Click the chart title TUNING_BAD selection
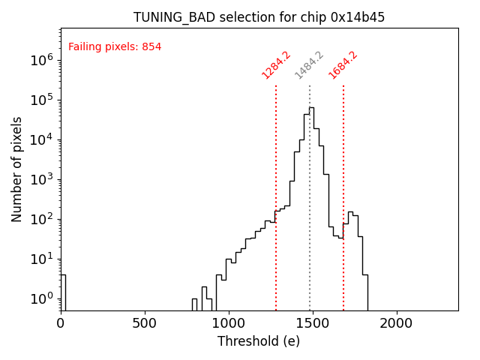(259, 17)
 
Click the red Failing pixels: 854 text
(115, 47)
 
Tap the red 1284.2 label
(275, 64)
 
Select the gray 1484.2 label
(309, 64)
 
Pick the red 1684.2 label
(343, 64)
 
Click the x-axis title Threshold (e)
(259, 341)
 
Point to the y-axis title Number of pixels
(17, 169)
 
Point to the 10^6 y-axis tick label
(42, 60)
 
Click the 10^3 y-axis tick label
(42, 179)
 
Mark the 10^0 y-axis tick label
(42, 298)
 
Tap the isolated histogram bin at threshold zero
(63, 292)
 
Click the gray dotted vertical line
(310, 225)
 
